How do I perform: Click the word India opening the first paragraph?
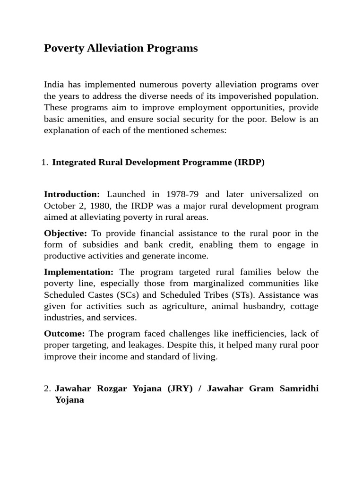(54, 85)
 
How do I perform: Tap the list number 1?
(44, 163)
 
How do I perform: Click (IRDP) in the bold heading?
(249, 163)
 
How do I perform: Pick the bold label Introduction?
(72, 194)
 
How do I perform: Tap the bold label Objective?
(65, 233)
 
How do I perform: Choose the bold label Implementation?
(78, 272)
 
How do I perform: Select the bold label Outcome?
(64, 333)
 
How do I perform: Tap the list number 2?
(47, 389)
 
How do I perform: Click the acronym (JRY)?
(178, 389)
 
